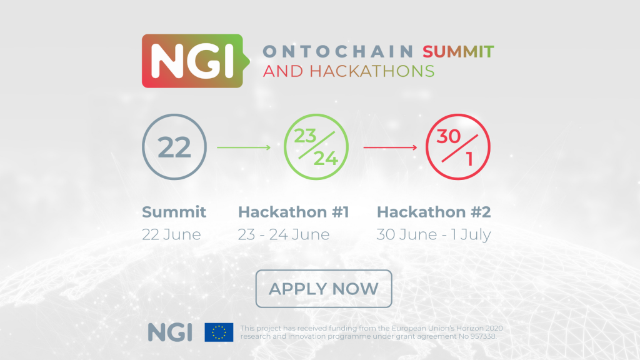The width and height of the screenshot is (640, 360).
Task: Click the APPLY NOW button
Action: (324, 289)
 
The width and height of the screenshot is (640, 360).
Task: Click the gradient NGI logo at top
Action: (196, 61)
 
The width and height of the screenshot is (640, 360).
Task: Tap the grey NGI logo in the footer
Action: (170, 332)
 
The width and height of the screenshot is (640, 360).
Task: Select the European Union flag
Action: (219, 332)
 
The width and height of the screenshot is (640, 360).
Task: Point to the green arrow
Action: (244, 147)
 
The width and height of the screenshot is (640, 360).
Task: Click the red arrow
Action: (390, 147)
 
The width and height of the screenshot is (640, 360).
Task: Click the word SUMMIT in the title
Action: (458, 52)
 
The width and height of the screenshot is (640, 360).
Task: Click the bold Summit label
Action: (174, 212)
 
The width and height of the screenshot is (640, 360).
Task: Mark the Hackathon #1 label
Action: (294, 212)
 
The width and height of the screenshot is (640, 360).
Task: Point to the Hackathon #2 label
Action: (434, 212)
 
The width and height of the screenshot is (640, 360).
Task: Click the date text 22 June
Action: (171, 235)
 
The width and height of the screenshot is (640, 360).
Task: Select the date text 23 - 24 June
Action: (284, 235)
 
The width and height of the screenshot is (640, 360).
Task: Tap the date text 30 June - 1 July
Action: (434, 235)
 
